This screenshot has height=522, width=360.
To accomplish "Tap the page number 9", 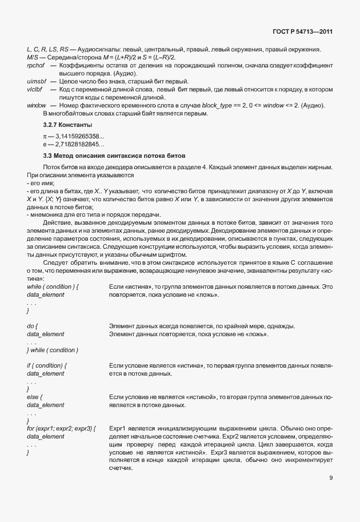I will pos(330,479).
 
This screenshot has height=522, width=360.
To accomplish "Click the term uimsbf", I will pos(37,82).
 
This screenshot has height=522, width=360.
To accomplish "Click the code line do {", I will pos(32,326).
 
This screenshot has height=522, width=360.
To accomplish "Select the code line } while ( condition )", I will pos(53,350).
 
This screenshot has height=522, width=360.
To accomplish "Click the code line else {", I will pos(35,396).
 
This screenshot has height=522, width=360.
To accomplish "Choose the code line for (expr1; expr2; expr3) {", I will pos(61,427).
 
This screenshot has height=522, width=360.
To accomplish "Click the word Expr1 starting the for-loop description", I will pos(117,427).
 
